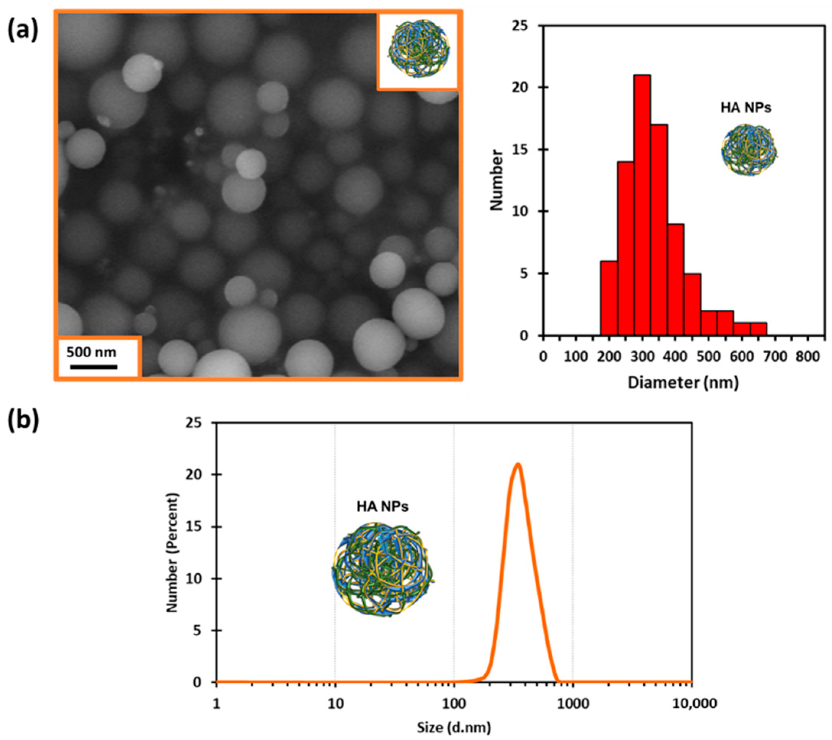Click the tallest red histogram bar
[642, 206]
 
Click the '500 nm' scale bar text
[91, 352]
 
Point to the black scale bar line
[94, 367]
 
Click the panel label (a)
[23, 31]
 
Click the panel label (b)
[23, 421]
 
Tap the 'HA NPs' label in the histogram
[746, 108]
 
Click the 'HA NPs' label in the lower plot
[383, 507]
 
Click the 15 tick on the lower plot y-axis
[197, 527]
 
